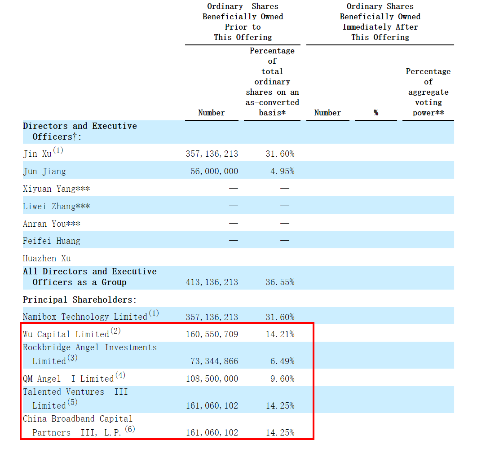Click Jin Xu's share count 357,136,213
point(212,154)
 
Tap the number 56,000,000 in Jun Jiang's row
point(214,172)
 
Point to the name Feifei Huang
point(52,241)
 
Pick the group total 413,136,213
point(212,282)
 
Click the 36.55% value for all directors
point(280,282)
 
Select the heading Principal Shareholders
point(79,300)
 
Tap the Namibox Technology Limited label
point(85,317)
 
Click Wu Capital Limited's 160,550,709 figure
point(212,335)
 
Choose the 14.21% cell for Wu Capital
point(280,335)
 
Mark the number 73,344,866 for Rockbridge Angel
point(214,361)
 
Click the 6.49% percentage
point(282,361)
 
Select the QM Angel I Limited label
point(68,379)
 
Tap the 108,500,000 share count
point(212,379)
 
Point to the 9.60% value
point(282,379)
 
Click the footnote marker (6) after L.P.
point(129,429)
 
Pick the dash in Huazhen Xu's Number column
point(233,258)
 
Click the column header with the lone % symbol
point(375,113)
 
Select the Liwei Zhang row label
point(56,207)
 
